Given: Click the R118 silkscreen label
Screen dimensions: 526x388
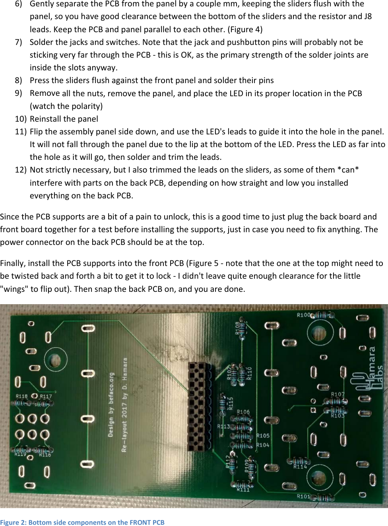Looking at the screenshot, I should coord(21,396).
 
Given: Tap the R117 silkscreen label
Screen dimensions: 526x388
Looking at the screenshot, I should coord(46,396).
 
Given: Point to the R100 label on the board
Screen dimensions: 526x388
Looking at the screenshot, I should coord(303,315).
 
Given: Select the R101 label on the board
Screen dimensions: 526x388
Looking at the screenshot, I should coord(303,496).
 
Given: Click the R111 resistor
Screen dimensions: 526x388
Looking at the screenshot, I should coord(242,485).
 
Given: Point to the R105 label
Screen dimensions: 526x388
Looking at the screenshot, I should coord(263,436).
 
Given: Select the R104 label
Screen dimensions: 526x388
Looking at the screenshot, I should coord(263,445).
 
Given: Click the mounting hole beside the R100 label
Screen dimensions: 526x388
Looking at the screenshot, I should coord(319,333).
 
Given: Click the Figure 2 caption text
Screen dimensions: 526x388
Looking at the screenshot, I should coord(82,522).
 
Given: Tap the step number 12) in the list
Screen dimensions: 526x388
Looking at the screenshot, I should coord(21,170).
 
